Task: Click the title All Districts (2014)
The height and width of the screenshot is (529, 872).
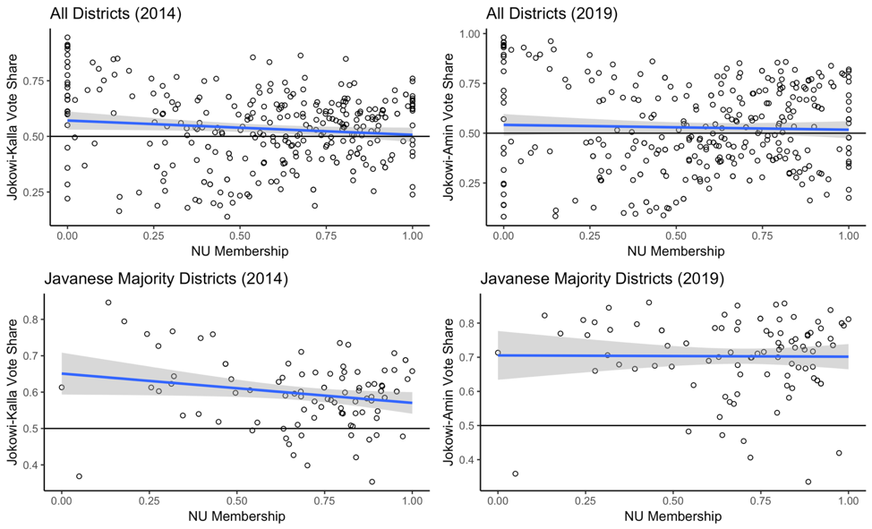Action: pyautogui.click(x=115, y=13)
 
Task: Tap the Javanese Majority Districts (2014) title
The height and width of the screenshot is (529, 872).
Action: pyautogui.click(x=166, y=278)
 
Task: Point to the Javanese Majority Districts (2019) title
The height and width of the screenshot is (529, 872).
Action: pyautogui.click(x=602, y=278)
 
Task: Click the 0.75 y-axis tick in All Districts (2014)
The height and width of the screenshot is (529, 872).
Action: pyautogui.click(x=32, y=81)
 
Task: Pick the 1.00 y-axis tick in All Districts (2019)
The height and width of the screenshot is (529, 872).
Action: pyautogui.click(x=468, y=33)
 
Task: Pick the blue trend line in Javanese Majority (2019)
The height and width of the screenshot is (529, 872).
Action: pyautogui.click(x=671, y=356)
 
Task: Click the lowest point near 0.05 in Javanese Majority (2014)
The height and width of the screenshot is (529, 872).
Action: pyautogui.click(x=79, y=476)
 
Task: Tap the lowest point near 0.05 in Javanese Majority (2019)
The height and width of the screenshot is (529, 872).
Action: pyautogui.click(x=515, y=474)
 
